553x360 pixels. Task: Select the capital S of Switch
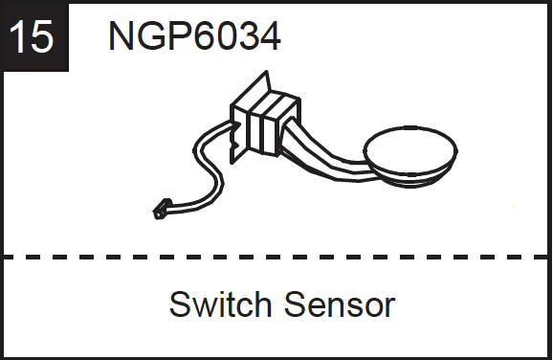tap(179, 305)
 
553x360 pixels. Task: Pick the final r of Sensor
tap(390, 307)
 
